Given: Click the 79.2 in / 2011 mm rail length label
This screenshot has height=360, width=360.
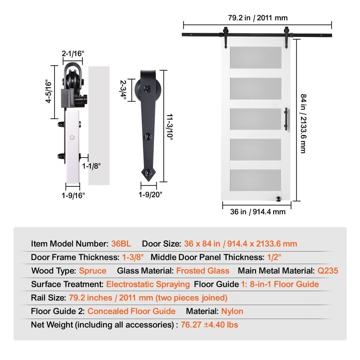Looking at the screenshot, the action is (x=257, y=18).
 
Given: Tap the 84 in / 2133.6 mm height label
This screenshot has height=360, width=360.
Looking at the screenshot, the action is (x=303, y=123).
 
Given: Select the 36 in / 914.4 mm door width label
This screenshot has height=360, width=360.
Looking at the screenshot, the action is (x=257, y=211).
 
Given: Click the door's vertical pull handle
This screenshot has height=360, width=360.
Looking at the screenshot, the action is (x=287, y=119).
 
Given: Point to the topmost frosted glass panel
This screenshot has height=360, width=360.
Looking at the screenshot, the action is (x=256, y=58).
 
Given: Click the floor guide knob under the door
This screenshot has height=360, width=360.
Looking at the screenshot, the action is (x=279, y=199).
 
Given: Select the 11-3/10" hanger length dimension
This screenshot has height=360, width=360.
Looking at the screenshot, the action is (x=170, y=126).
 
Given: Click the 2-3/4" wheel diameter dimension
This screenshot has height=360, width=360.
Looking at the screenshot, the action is (x=123, y=90).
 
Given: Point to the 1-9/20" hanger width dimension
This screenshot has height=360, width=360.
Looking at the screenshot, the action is (x=150, y=195).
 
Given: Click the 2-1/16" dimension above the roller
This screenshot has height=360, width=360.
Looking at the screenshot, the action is (x=73, y=54).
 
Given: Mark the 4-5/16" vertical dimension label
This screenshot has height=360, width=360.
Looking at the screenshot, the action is (x=49, y=91).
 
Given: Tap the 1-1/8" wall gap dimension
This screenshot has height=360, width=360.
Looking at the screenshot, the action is (x=91, y=166).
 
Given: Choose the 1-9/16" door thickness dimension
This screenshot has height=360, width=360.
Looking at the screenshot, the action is (x=73, y=195).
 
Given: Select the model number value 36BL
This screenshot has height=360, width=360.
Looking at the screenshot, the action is (x=121, y=243).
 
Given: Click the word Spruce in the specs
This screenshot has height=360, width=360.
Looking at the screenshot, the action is (x=93, y=271).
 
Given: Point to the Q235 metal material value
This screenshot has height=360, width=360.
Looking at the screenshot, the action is (x=328, y=271).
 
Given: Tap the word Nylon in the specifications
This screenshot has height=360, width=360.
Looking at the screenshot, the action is (x=232, y=311).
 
